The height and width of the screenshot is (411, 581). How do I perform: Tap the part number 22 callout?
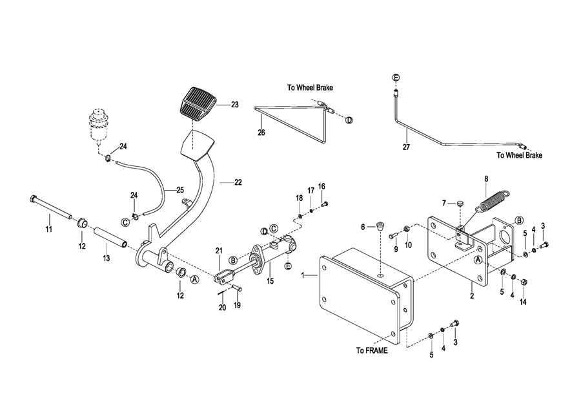click(x=238, y=182)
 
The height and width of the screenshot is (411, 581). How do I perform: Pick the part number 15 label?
click(x=270, y=281)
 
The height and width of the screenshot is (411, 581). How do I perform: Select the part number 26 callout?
click(x=261, y=132)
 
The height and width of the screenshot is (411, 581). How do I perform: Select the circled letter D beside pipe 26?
click(x=349, y=120)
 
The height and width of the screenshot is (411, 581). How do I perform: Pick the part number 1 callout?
click(x=303, y=275)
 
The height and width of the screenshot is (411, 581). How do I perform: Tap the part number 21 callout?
click(x=218, y=250)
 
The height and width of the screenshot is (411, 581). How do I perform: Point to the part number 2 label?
click(x=472, y=296)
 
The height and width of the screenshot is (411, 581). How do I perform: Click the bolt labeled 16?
click(x=325, y=204)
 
